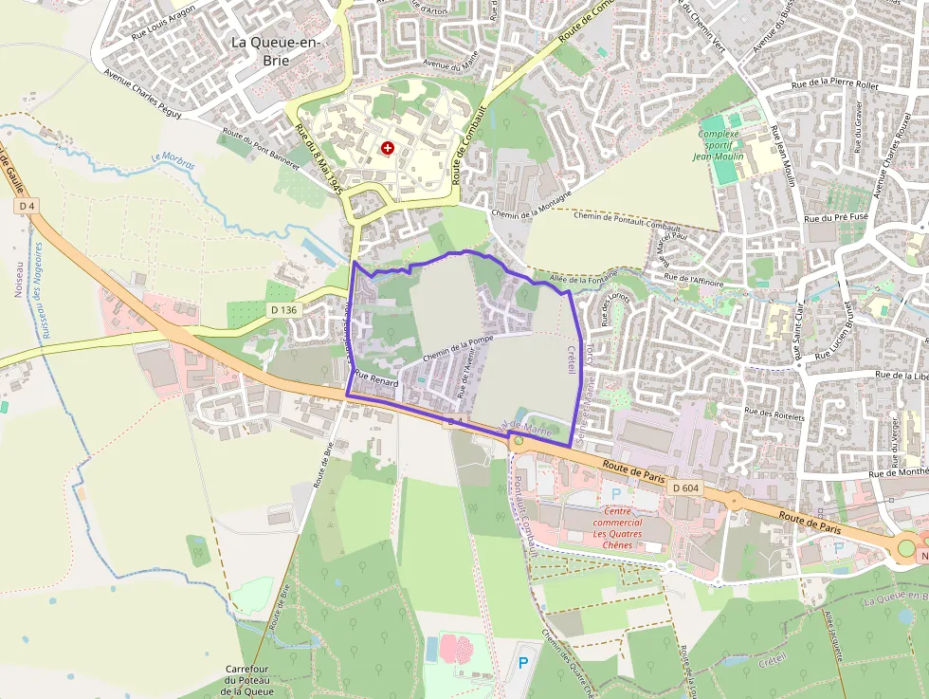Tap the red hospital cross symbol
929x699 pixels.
[x=387, y=148]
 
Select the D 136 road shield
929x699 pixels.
[x=283, y=309]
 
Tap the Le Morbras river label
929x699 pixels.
[x=173, y=163]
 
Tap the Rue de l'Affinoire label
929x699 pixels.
[x=694, y=282]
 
